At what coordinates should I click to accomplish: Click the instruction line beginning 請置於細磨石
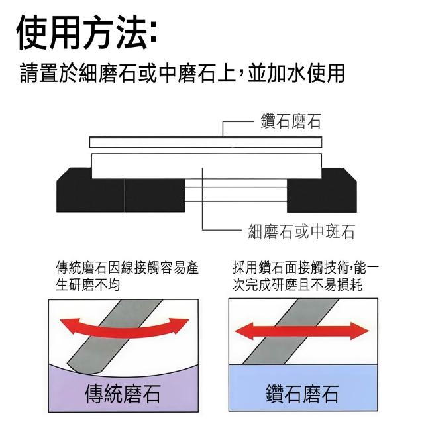point(182,74)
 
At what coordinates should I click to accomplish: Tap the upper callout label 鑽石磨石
point(291,122)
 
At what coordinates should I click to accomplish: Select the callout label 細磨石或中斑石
point(301,231)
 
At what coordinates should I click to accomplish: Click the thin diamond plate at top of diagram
point(205,142)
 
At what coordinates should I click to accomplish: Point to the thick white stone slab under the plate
point(205,165)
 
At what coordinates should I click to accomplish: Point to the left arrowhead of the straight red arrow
point(240,329)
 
